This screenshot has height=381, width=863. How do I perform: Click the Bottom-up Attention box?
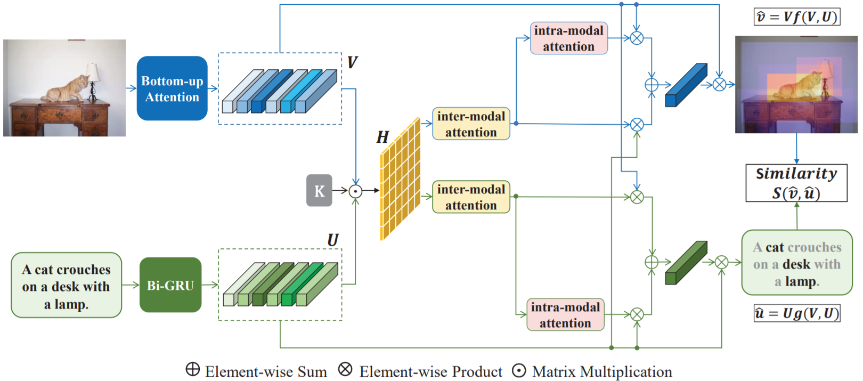click(x=172, y=88)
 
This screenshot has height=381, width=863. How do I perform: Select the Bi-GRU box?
click(x=170, y=285)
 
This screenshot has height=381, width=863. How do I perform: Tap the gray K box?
click(x=319, y=190)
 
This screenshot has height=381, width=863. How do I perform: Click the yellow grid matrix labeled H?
click(x=400, y=179)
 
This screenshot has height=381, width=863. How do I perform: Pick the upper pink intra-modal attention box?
click(x=568, y=38)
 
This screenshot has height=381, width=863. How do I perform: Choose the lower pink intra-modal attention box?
click(x=565, y=315)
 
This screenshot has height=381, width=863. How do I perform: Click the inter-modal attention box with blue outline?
click(x=471, y=124)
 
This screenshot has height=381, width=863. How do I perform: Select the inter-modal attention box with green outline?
click(x=471, y=197)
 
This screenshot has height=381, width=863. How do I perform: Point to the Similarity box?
click(x=796, y=183)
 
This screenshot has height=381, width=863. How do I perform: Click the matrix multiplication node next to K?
click(x=355, y=191)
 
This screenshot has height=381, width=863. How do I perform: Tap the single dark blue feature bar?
click(x=686, y=85)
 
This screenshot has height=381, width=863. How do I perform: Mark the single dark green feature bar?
click(x=686, y=263)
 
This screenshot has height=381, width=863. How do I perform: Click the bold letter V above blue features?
click(x=352, y=62)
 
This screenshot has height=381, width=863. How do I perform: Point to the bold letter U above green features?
click(x=333, y=240)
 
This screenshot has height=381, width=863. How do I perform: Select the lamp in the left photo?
click(x=93, y=77)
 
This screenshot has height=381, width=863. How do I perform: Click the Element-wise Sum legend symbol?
click(x=193, y=369)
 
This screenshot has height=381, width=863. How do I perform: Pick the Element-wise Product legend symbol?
click(x=345, y=369)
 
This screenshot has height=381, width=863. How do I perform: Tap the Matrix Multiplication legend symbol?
click(x=519, y=371)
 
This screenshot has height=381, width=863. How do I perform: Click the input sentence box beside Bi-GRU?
click(x=67, y=286)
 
